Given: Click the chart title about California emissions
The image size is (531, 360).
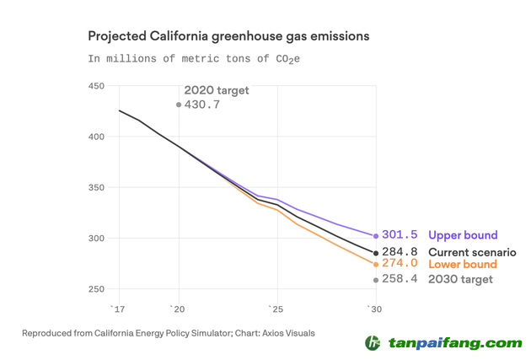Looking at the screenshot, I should pyautogui.click(x=228, y=37).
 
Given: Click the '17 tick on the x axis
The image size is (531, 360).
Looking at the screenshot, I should pyautogui.click(x=119, y=309).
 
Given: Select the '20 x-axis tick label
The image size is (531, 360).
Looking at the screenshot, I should pyautogui.click(x=178, y=309).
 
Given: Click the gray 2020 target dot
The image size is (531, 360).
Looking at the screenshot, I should pyautogui.click(x=178, y=105).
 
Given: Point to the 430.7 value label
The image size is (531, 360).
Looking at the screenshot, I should pyautogui.click(x=202, y=105).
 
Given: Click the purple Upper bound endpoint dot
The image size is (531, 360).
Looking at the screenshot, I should pyautogui.click(x=376, y=236).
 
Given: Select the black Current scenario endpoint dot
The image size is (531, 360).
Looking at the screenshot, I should pyautogui.click(x=376, y=253).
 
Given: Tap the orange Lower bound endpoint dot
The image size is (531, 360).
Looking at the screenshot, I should pyautogui.click(x=376, y=265).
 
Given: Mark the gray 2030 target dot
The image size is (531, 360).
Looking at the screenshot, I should pyautogui.click(x=376, y=279).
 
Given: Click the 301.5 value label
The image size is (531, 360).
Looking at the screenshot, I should pyautogui.click(x=401, y=235).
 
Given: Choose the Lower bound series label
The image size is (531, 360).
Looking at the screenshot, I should pyautogui.click(x=463, y=265).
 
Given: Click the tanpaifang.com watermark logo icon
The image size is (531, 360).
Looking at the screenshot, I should pyautogui.click(x=373, y=342).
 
